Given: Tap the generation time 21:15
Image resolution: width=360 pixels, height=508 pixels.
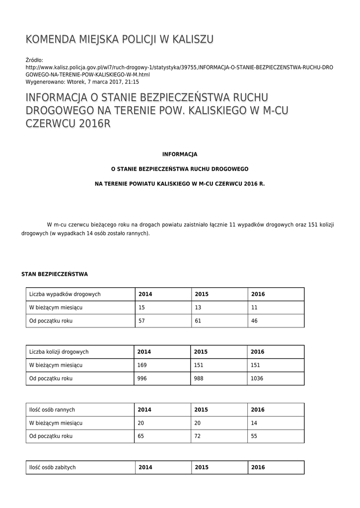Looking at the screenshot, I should point(132,82).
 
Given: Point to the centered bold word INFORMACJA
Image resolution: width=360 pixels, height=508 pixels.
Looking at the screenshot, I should point(180,154).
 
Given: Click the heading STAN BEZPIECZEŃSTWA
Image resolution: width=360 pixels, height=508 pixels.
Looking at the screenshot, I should point(55,274).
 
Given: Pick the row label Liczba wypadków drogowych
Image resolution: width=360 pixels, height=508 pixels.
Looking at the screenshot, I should point(65,294).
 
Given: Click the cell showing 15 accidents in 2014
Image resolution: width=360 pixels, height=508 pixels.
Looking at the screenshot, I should point(142,308).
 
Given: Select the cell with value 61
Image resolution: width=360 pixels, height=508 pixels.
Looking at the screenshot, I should point(198,321).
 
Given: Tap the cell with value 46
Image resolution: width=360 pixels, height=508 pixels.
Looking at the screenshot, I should point(255,321).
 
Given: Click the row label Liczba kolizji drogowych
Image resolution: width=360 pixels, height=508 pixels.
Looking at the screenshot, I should point(59,352).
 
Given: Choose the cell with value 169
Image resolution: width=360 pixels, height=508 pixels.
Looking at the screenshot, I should point(143,365).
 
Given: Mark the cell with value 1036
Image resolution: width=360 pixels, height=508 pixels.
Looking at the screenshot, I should point(257,379).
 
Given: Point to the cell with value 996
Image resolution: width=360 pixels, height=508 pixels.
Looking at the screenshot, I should point(143,379).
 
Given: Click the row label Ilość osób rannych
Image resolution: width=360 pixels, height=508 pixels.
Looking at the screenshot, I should point(52,410).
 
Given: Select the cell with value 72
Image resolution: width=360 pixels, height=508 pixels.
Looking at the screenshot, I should point(198,436).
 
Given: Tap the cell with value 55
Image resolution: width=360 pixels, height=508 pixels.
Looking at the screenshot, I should point(255,436).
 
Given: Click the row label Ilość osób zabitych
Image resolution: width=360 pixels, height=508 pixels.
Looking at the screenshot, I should point(53,467).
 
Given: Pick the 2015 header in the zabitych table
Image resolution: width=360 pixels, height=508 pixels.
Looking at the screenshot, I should point(202,467).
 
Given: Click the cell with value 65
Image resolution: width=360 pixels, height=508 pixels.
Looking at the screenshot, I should point(142,436).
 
